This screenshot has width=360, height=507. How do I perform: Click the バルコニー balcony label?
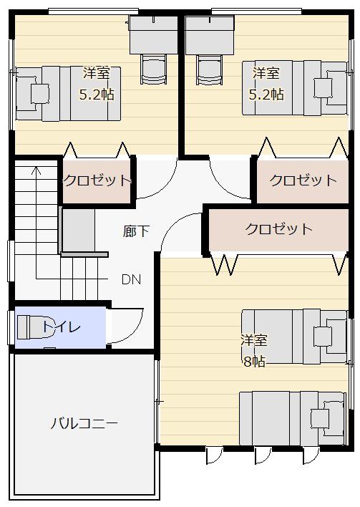(84, 423)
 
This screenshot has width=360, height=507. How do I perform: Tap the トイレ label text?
(62, 327)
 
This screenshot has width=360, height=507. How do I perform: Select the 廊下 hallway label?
(136, 231)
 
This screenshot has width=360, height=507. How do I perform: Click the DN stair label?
(131, 279)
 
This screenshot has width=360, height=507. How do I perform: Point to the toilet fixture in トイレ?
(32, 327)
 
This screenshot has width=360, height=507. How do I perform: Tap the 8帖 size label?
(254, 361)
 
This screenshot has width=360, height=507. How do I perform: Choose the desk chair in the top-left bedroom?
(154, 69)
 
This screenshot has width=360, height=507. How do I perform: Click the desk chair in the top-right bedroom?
(210, 69)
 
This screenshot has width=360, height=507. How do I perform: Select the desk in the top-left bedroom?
(153, 35)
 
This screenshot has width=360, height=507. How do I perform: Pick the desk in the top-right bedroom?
(210, 35)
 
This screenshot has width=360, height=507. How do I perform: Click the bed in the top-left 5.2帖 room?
(68, 94)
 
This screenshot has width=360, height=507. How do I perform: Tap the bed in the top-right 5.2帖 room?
(295, 88)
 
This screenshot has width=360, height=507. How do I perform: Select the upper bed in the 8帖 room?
(295, 337)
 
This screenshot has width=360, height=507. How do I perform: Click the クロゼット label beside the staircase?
(97, 180)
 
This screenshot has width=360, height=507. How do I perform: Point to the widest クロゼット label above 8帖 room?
(278, 229)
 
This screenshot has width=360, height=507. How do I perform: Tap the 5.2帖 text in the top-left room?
(97, 95)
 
